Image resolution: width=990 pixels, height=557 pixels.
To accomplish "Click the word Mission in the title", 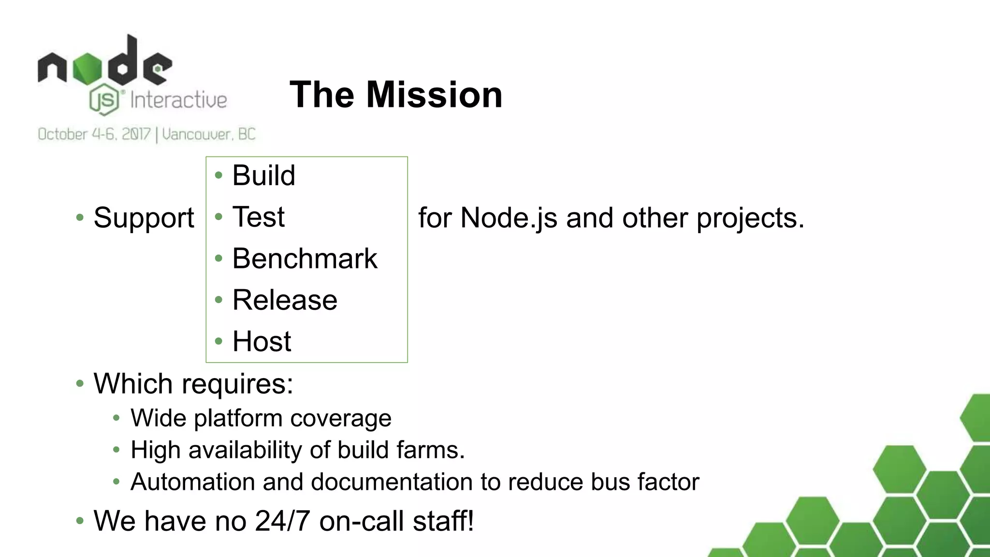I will point(434,95).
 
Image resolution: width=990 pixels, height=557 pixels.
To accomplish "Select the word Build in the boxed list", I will point(263,175).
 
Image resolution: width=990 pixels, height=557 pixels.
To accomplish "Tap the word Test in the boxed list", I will point(258,217).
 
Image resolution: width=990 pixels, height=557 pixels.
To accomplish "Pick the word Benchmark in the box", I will point(305,258).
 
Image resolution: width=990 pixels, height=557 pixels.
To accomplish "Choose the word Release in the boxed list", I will point(285,300).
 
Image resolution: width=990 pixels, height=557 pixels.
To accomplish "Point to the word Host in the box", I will point(262,341).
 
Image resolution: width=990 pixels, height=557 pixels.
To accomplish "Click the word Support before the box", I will point(144,218).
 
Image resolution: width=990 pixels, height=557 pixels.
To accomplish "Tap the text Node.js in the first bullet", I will point(509,218).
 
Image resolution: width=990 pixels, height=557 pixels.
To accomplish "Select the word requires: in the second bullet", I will point(237,384).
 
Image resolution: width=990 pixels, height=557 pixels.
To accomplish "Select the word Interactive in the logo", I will point(178,101).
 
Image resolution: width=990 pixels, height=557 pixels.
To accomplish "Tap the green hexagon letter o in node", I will point(87,69).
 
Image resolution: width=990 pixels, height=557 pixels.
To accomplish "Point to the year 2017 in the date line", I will point(136,134).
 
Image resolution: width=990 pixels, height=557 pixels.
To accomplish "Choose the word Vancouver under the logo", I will point(195,134).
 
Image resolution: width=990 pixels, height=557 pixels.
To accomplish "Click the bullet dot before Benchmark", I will point(218,258).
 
